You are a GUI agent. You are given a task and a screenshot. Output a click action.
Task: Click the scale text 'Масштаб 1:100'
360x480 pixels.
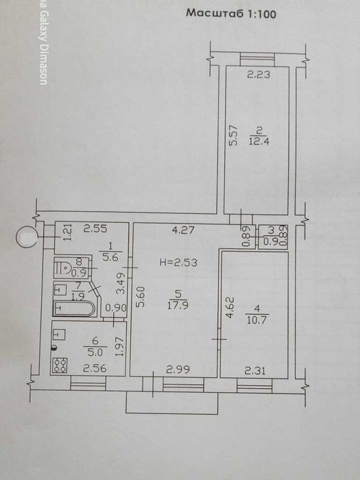(231, 13)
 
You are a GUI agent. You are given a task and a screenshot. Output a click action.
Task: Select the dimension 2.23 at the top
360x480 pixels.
(259, 76)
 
